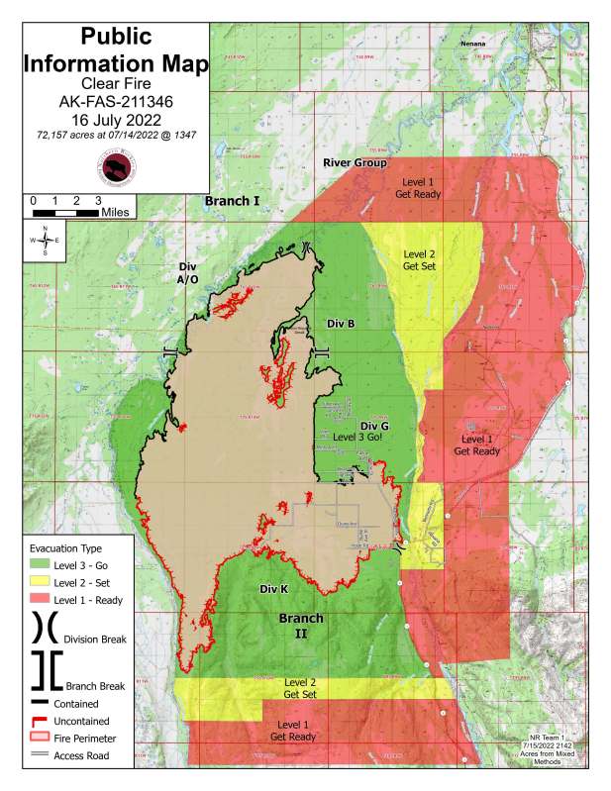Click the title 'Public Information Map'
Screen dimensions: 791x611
pos(116,51)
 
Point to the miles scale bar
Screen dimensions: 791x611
pos(65,212)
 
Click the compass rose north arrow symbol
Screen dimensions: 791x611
pos(45,241)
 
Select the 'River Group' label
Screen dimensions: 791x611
pos(355,162)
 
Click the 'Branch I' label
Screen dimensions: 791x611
pos(232,201)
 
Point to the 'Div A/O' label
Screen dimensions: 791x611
pos(188,274)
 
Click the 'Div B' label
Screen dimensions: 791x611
pos(340,323)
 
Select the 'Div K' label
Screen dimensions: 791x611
pos(273,589)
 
